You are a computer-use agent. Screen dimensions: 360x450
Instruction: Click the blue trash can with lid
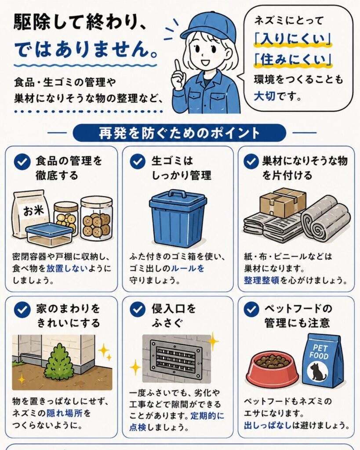pyautogui.click(x=178, y=218)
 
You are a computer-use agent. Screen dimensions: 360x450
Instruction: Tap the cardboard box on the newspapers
pyautogui.click(x=283, y=202)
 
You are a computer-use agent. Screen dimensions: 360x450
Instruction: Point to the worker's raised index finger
pyautogui.click(x=178, y=67)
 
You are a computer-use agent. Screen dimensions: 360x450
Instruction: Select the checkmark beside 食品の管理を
pyautogui.click(x=22, y=162)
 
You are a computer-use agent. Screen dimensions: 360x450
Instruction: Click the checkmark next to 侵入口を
pyautogui.click(x=138, y=309)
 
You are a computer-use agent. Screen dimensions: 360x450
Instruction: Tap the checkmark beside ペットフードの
pyautogui.click(x=251, y=309)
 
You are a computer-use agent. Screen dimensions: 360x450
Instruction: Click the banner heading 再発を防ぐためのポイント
pyautogui.click(x=179, y=133)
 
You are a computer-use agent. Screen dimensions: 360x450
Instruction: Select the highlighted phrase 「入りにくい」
pyautogui.click(x=293, y=39)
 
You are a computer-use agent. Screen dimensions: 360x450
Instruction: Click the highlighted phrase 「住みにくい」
pyautogui.click(x=293, y=59)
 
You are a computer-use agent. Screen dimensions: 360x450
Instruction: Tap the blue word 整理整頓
pyautogui.click(x=262, y=280)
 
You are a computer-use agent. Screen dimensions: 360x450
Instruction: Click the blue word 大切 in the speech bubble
pyautogui.click(x=265, y=96)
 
